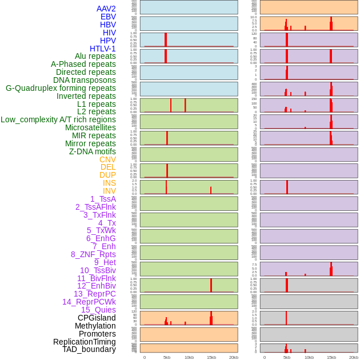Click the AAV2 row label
coord(106,9)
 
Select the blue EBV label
coord(108,17)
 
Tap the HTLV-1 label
coord(103,49)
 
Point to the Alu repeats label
coord(95,56)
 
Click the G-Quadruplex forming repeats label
coord(61,88)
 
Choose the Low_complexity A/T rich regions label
coord(58,119)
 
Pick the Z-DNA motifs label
coord(93,151)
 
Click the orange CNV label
coord(107,159)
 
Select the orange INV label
coord(109,191)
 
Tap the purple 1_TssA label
coord(103,199)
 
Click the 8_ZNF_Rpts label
coord(93,254)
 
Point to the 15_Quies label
coord(98,310)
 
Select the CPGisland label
coord(97,318)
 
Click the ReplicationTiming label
coord(85,342)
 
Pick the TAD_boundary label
coord(89,349)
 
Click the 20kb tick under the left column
coord(234,357)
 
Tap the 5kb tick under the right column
coord(287,357)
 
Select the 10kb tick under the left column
coord(189,357)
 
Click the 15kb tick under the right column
coord(331,357)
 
